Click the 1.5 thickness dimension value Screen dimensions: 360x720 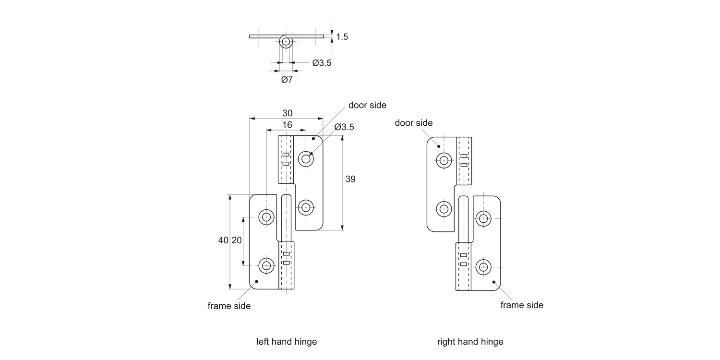click(342, 36)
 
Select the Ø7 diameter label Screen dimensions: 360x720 click(287, 80)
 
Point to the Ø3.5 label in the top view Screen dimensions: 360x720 click(322, 62)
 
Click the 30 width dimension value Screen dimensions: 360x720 click(287, 113)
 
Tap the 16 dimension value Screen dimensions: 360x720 click(287, 125)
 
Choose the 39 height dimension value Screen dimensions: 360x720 click(350, 179)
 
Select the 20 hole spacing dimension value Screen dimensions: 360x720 click(237, 240)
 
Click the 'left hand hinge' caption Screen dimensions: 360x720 click(287, 342)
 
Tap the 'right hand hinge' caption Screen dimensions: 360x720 click(470, 342)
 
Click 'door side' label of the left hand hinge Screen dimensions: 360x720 click(367, 105)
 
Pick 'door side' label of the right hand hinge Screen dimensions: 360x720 click(413, 123)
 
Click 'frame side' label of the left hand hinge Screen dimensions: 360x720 click(229, 306)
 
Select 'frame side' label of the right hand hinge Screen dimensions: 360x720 click(522, 305)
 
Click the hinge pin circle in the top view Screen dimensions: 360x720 click(286, 42)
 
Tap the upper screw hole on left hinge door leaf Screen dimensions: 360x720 click(306, 158)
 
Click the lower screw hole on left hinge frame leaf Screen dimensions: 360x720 click(266, 264)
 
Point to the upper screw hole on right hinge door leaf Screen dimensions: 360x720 click(444, 160)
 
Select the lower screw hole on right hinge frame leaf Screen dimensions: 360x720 click(483, 266)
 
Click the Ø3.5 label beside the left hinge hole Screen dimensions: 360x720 click(344, 127)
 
